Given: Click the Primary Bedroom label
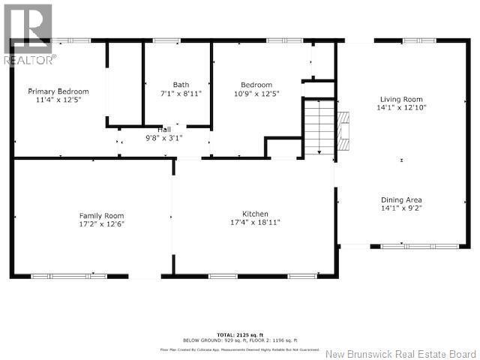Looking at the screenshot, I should (58, 91).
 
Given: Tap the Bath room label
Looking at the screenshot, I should (181, 85).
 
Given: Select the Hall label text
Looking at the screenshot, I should (163, 130).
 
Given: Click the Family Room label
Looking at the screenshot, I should (102, 215).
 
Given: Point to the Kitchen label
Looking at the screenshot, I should (255, 214).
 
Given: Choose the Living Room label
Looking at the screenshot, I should (401, 99).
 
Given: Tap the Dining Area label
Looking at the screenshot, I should (401, 200).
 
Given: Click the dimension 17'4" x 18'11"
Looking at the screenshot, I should (255, 223).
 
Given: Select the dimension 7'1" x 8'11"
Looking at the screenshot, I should (181, 94).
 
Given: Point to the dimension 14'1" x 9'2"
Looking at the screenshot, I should (401, 209).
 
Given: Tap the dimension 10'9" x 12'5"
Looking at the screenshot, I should (256, 94).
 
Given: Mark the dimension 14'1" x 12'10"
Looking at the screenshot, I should (403, 108).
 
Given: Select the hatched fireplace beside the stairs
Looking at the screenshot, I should (343, 130).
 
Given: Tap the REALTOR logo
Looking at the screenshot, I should (27, 34).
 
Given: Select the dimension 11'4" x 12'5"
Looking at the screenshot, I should (58, 100).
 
